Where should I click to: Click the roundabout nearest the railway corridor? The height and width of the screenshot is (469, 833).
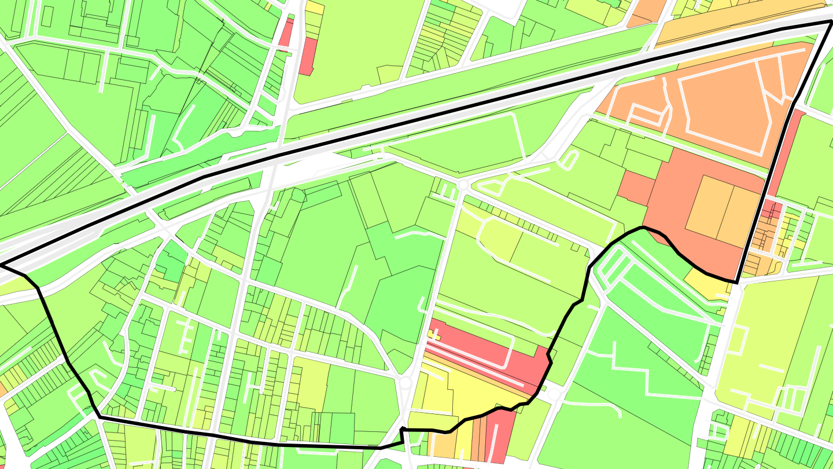pyautogui.click(x=463, y=185)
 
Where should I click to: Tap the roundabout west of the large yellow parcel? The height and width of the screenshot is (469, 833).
pyautogui.click(x=405, y=383)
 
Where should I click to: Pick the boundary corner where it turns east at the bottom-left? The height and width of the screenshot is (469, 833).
pyautogui.click(x=99, y=416)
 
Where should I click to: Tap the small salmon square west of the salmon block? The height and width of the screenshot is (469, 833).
pyautogui.click(x=636, y=188)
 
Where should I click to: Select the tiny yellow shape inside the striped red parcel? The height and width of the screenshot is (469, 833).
pyautogui.click(x=434, y=335)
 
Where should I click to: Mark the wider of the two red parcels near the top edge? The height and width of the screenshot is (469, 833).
pyautogui.click(x=308, y=56)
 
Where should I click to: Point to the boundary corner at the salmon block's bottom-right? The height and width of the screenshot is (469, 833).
pyautogui.click(x=737, y=282)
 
